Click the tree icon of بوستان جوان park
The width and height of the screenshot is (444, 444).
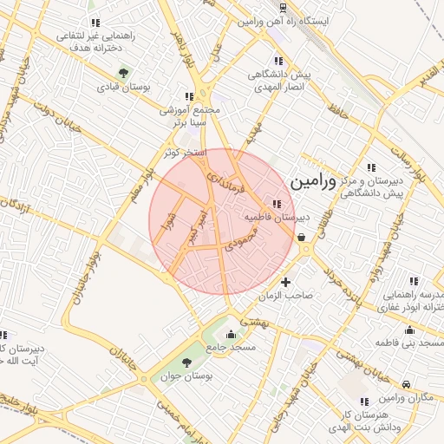[187, 362]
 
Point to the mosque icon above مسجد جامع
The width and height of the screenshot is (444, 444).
[231, 335]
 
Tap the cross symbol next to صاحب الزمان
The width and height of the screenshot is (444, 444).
[286, 282]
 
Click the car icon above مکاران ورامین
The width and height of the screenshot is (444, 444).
[408, 383]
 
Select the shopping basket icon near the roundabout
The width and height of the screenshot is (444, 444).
[300, 236]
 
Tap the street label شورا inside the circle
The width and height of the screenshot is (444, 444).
[170, 224]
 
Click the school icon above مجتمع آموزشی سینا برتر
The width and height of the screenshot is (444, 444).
[190, 96]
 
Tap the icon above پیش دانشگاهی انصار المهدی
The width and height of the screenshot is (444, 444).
[277, 61]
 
